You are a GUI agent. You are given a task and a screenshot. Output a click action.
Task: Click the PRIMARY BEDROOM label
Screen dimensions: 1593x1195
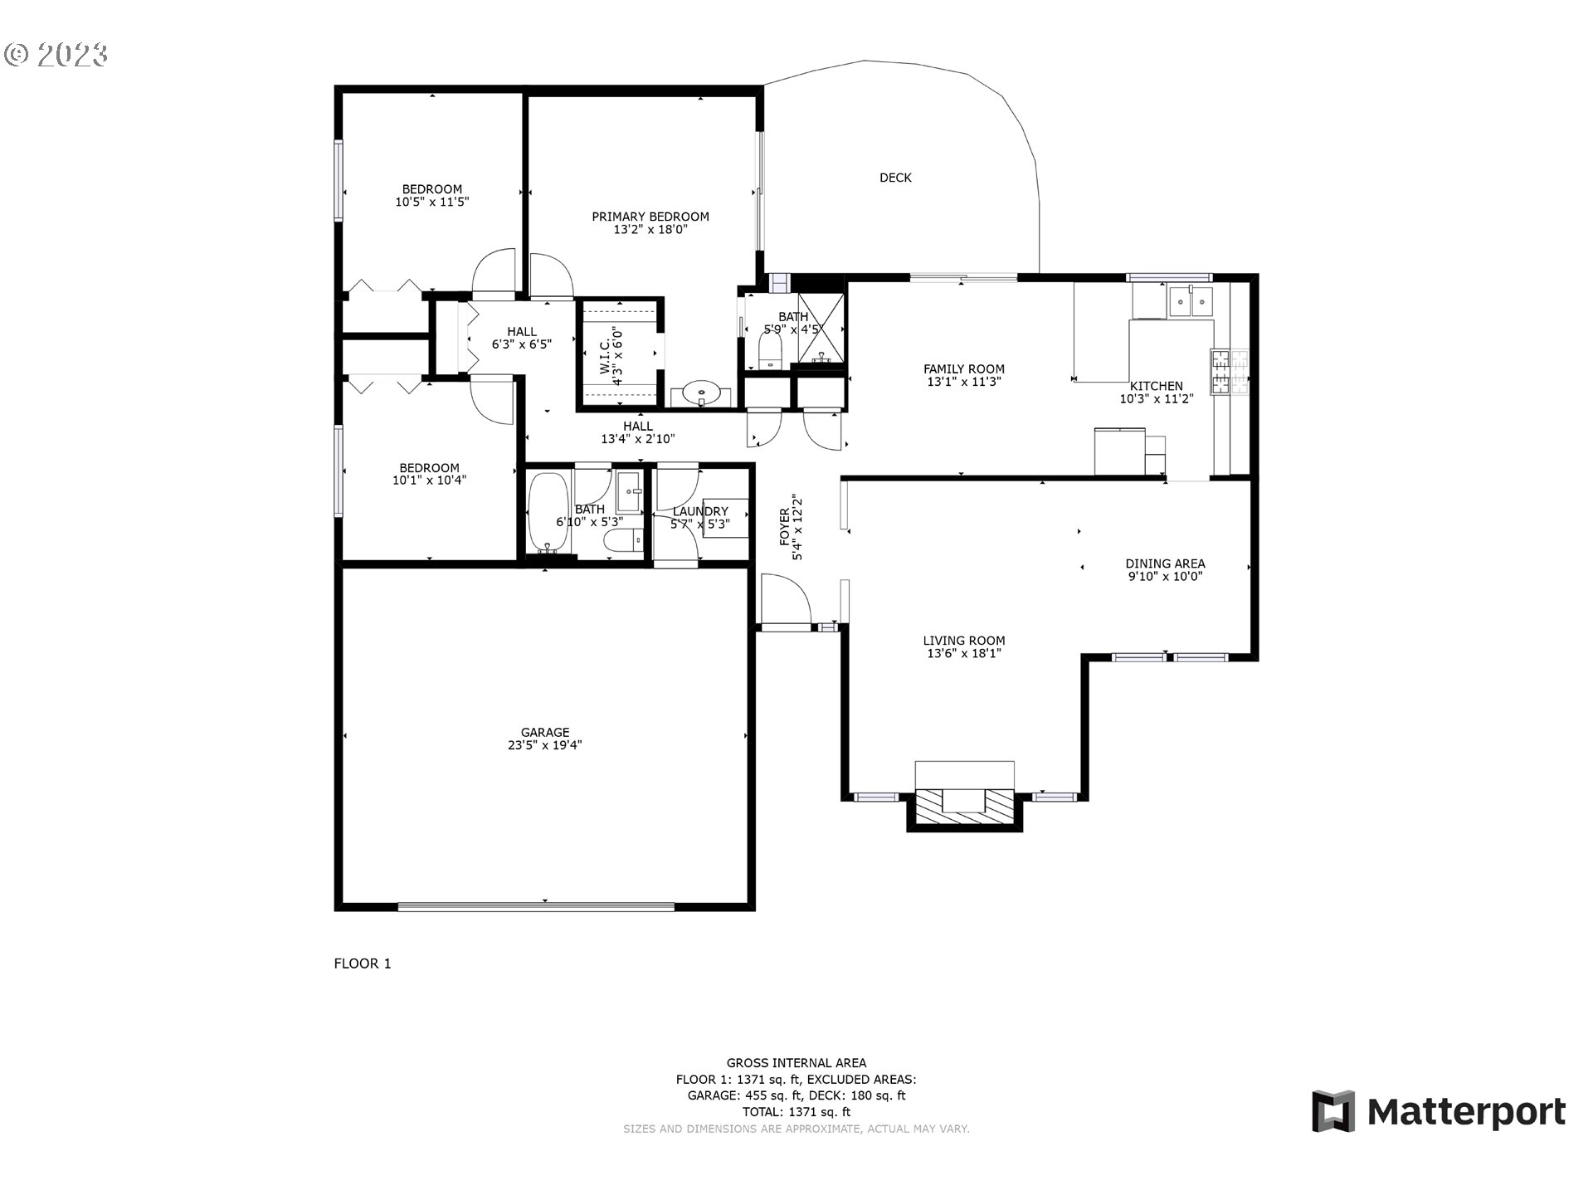click(x=650, y=217)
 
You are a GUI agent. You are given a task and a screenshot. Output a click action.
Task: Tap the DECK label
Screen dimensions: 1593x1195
click(x=895, y=178)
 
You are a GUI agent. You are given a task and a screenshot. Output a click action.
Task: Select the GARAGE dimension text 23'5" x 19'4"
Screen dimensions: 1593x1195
click(x=545, y=745)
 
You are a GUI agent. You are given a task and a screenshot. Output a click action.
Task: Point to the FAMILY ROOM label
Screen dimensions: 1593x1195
click(x=964, y=369)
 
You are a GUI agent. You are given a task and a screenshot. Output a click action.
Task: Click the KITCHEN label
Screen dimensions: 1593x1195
click(x=1157, y=386)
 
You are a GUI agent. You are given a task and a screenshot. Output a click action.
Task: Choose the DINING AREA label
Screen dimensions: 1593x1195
click(x=1165, y=563)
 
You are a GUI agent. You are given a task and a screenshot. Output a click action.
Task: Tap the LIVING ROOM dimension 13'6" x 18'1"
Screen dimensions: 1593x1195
click(x=964, y=653)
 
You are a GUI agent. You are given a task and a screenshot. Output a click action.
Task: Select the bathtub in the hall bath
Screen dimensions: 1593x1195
click(x=548, y=513)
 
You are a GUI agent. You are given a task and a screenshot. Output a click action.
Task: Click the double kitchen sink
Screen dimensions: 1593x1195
click(x=1191, y=301)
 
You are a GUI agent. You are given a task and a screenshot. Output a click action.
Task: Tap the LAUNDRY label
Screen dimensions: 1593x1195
click(x=700, y=511)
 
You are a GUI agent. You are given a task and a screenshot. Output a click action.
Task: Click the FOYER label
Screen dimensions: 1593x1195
click(x=785, y=527)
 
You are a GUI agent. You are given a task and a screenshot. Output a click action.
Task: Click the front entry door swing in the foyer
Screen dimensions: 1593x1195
click(x=786, y=599)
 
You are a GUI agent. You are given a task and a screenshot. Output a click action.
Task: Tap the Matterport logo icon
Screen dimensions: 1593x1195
click(x=1333, y=1111)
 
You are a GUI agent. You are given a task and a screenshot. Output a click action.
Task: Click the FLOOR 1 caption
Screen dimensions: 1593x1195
click(x=362, y=963)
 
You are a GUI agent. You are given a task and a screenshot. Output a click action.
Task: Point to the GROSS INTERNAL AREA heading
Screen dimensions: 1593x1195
click(x=796, y=1062)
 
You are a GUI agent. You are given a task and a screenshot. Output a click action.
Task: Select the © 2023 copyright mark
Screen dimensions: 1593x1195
click(x=56, y=55)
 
